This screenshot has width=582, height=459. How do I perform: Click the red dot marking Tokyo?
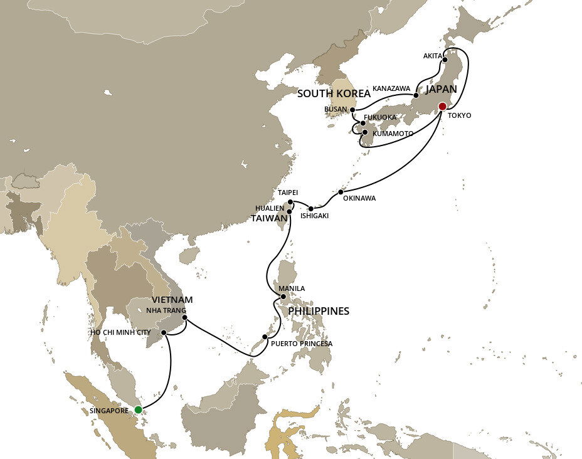click(x=442, y=106)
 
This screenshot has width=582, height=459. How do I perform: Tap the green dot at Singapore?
click(x=138, y=410)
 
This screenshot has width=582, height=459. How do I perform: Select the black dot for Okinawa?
click(x=341, y=192)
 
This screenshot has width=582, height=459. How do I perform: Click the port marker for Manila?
click(x=283, y=297)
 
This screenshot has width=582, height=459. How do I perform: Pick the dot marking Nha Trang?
click(x=184, y=317)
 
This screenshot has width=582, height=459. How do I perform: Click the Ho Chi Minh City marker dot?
click(x=164, y=333)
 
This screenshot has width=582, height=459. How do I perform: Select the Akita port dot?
click(x=445, y=60)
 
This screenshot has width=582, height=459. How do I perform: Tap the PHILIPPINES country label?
click(x=319, y=311)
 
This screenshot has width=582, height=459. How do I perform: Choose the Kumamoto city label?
click(x=392, y=134)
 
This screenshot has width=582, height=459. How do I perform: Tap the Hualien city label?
click(x=269, y=207)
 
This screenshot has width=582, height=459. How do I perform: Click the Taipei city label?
click(x=287, y=193)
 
